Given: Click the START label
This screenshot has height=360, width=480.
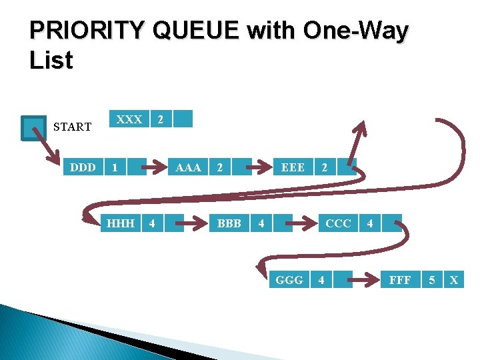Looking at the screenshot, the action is [72, 127].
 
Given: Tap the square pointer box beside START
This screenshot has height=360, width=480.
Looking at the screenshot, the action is [33, 128].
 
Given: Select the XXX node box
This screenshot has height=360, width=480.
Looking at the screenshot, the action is [129, 119].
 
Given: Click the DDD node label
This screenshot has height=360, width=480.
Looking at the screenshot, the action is [83, 167].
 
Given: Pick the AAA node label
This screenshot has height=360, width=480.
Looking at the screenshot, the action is [188, 167].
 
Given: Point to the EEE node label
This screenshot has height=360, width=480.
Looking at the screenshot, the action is [293, 167].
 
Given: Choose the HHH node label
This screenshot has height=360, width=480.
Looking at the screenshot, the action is [121, 223].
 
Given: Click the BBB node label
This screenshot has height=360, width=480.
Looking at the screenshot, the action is [229, 223].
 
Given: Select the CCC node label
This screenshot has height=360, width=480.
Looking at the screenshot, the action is [338, 223].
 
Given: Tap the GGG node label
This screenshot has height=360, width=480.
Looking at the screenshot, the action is [289, 280].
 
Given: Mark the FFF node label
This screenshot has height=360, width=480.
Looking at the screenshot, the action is [400, 280].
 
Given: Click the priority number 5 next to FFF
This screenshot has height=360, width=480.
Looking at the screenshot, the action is [432, 280].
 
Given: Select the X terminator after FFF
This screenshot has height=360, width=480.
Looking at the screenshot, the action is [454, 280].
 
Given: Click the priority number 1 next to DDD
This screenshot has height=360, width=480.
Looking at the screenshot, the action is [115, 167].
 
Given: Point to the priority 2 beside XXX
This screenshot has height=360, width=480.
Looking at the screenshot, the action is [159, 119].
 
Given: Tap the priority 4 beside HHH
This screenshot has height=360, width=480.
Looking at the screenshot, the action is [152, 223].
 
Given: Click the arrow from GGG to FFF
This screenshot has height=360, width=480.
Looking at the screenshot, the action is [363, 280].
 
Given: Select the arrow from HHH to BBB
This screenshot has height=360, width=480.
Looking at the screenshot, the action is [193, 223].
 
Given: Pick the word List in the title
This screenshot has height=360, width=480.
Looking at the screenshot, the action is [51, 61].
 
